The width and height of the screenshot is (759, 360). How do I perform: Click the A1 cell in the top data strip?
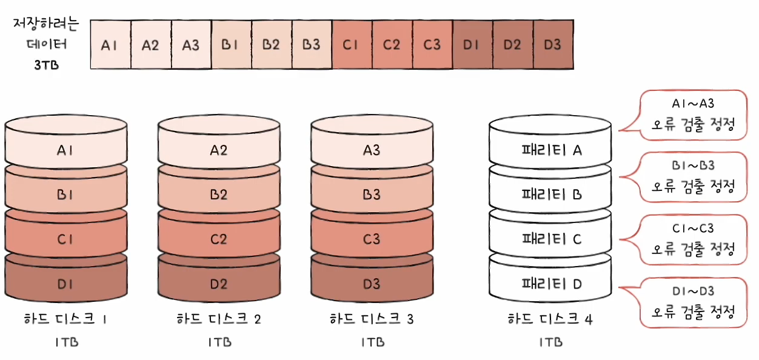tap(110, 45)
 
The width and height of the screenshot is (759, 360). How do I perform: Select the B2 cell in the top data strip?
tap(271, 45)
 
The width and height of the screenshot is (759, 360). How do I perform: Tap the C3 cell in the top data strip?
tap(432, 45)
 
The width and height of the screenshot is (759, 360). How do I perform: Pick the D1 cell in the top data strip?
tap(472, 45)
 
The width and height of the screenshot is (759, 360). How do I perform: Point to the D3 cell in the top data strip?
tap(552, 45)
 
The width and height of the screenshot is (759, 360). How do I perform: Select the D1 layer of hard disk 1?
tap(65, 284)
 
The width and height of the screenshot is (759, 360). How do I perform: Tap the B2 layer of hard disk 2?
tap(219, 195)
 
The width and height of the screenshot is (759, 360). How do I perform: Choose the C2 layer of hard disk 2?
tap(219, 239)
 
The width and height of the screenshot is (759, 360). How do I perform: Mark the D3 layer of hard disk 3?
tap(372, 284)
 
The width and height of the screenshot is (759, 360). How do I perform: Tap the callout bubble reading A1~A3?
tap(693, 115)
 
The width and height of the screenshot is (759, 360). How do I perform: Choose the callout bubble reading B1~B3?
tap(693, 177)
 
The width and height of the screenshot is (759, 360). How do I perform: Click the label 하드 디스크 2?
tap(219, 319)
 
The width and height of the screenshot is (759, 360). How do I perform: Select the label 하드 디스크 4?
tap(550, 319)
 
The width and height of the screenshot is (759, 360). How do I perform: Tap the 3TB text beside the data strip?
tap(46, 65)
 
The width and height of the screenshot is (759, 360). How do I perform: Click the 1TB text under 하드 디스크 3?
tap(372, 342)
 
